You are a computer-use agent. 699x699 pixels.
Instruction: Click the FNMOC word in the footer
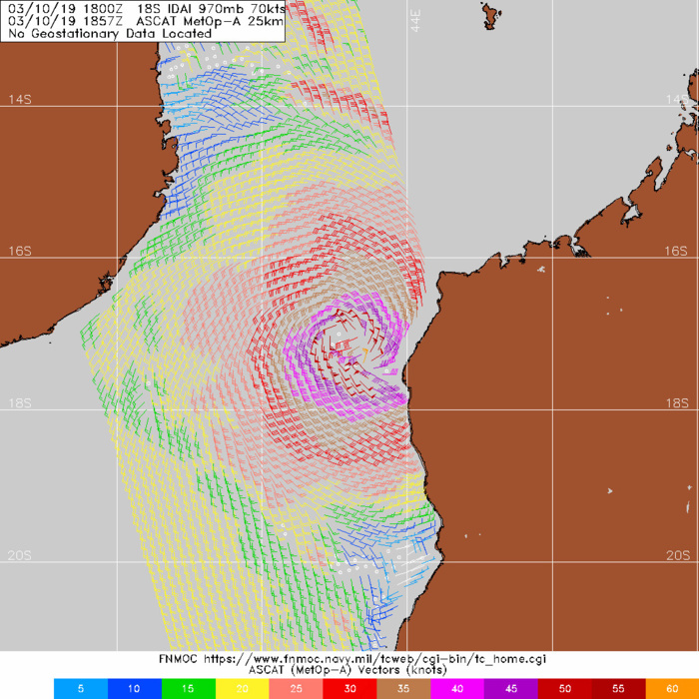coord(179,659)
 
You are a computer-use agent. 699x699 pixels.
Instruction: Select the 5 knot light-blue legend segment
coord(78,688)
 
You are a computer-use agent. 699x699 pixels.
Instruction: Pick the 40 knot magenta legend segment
coord(456,688)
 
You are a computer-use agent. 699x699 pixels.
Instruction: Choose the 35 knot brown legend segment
coord(402,688)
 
